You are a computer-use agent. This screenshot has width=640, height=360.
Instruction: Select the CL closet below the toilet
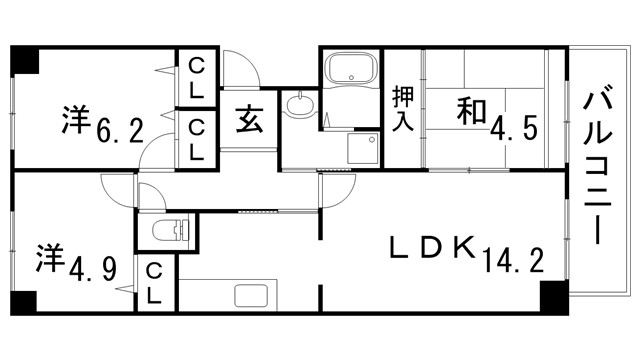pyautogui.click(x=156, y=283)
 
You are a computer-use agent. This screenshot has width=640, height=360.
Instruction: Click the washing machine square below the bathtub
pyautogui.click(x=360, y=150)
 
